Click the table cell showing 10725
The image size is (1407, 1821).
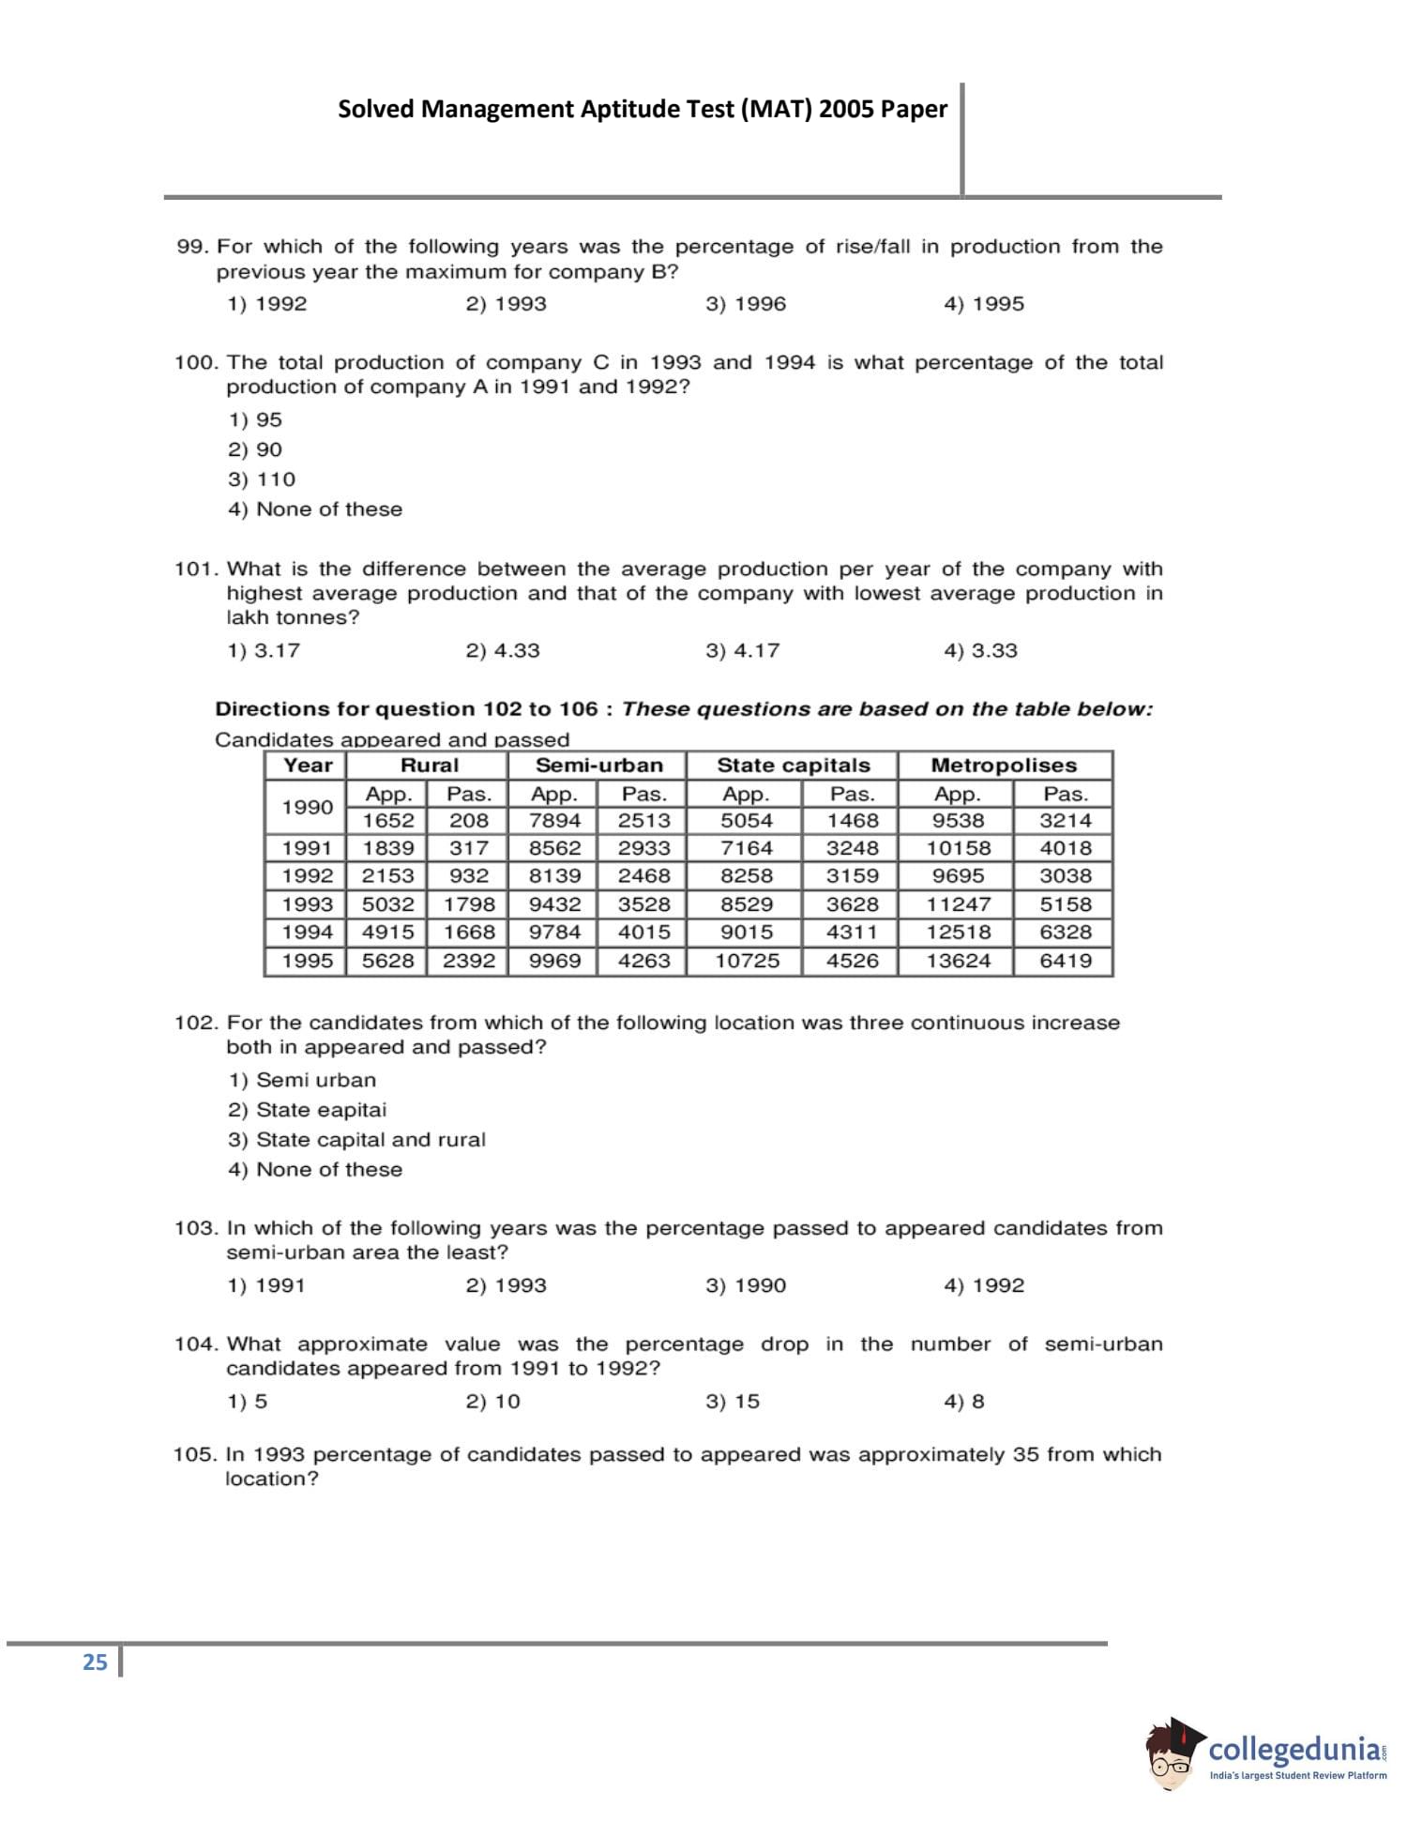pos(747,961)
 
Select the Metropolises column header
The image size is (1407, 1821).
pos(1004,765)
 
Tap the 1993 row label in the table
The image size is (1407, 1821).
pos(307,904)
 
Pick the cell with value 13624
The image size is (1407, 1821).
pos(958,961)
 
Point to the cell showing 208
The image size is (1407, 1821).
pos(468,820)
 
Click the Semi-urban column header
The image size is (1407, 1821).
pos(598,765)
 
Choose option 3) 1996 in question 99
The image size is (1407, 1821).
pos(746,304)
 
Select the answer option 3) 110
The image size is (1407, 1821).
pos(262,479)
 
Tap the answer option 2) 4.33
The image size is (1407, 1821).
pos(503,651)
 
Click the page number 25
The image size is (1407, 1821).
pos(95,1662)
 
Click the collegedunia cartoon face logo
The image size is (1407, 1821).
pos(1172,1754)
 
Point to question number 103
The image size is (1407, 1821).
pos(195,1228)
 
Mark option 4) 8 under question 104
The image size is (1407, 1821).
pos(964,1402)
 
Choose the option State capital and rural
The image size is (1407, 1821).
pos(356,1140)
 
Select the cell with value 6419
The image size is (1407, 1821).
pos(1066,961)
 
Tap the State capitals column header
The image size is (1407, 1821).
pos(793,765)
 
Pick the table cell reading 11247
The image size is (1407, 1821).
pos(958,904)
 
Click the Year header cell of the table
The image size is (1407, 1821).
pos(307,765)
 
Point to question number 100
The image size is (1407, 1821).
pos(195,363)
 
